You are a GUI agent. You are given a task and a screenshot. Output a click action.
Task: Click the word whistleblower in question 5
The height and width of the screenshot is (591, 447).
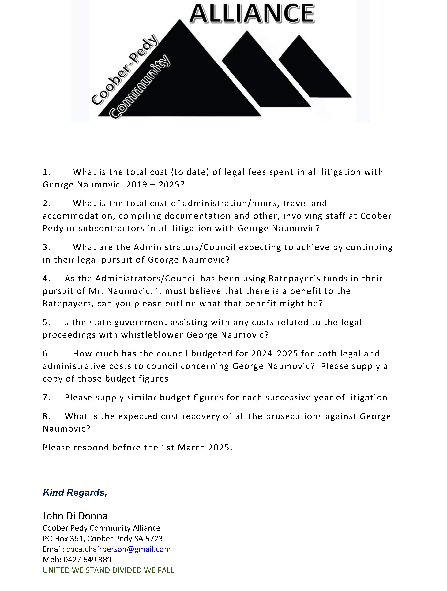152,335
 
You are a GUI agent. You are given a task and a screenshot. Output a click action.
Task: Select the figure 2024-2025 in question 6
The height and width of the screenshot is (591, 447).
275,354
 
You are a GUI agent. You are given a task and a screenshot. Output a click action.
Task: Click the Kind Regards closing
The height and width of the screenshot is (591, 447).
75,492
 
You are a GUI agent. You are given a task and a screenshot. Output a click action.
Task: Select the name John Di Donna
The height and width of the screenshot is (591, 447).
75,516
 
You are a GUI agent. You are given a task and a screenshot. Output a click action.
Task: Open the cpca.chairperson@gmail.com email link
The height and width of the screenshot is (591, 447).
118,549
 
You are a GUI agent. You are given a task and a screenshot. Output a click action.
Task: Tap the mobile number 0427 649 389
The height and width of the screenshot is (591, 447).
87,560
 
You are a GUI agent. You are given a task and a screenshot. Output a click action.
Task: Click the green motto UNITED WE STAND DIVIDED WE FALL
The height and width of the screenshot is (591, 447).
108,570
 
